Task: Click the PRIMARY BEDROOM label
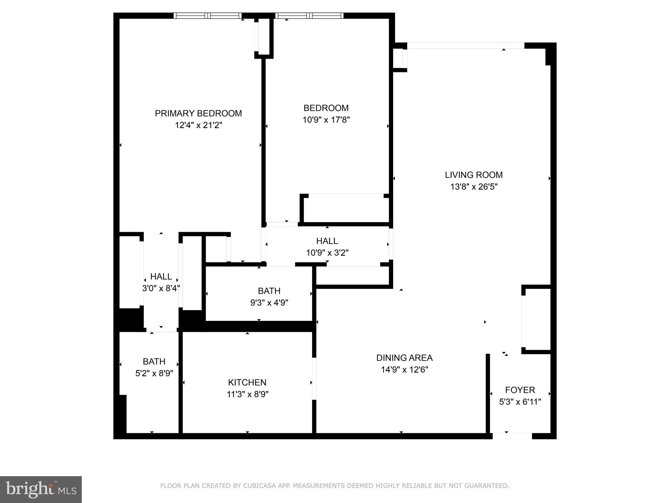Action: pyautogui.click(x=198, y=113)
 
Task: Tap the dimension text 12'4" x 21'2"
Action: pyautogui.click(x=198, y=125)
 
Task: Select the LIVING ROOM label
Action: pyautogui.click(x=474, y=175)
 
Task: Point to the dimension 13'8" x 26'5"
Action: pyautogui.click(x=474, y=187)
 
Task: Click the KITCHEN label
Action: pyautogui.click(x=247, y=382)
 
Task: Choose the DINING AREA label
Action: pyautogui.click(x=404, y=358)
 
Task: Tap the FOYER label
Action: pyautogui.click(x=520, y=390)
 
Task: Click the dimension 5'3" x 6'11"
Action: pyautogui.click(x=520, y=402)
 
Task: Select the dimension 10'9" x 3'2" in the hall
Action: pyautogui.click(x=327, y=253)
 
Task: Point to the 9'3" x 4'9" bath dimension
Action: pyautogui.click(x=269, y=303)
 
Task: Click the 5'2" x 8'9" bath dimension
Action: pyautogui.click(x=154, y=373)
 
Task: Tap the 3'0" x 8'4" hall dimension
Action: pyautogui.click(x=161, y=288)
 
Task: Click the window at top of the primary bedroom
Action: pyautogui.click(x=207, y=15)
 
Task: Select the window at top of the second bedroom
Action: pyautogui.click(x=309, y=15)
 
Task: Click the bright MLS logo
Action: pyautogui.click(x=41, y=489)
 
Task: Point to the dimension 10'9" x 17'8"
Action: pyautogui.click(x=326, y=120)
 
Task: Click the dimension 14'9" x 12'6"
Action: pyautogui.click(x=404, y=370)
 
